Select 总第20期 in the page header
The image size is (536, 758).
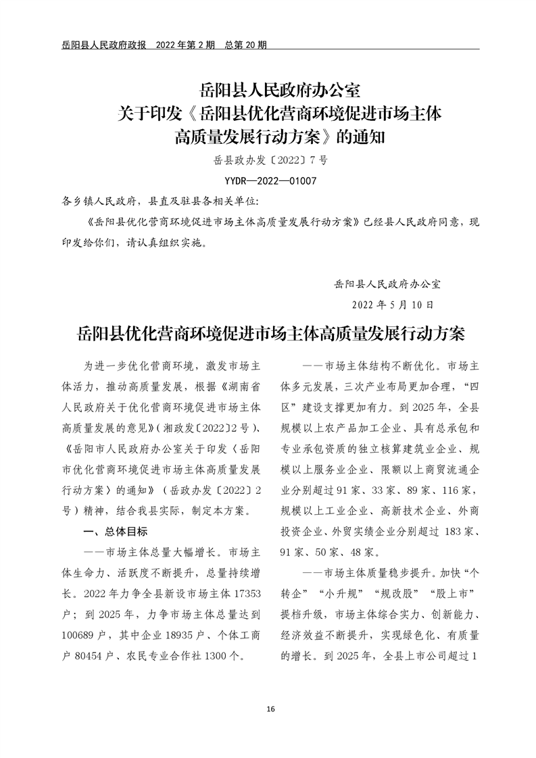(x=243, y=45)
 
